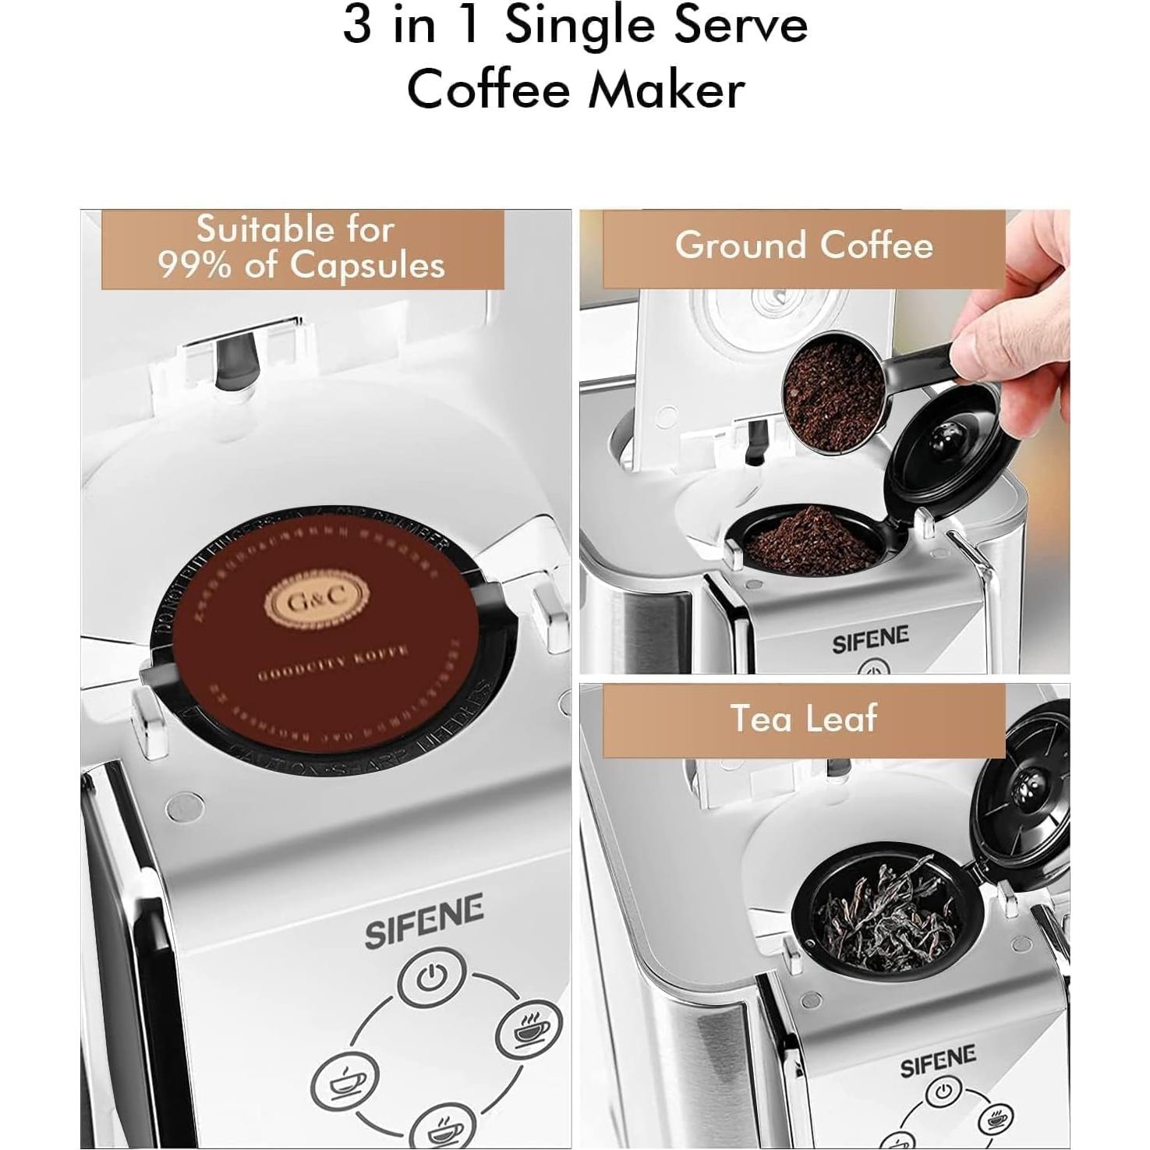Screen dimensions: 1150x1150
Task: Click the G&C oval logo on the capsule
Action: pyautogui.click(x=317, y=601)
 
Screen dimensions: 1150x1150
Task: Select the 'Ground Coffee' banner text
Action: pyautogui.click(x=804, y=246)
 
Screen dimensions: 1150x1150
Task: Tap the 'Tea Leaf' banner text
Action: pyautogui.click(x=804, y=719)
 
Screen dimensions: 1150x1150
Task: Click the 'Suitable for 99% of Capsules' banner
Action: pyautogui.click(x=302, y=247)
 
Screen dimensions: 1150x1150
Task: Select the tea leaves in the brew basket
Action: pyautogui.click(x=885, y=912)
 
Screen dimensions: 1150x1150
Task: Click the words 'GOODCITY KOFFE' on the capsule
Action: pyautogui.click(x=333, y=663)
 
